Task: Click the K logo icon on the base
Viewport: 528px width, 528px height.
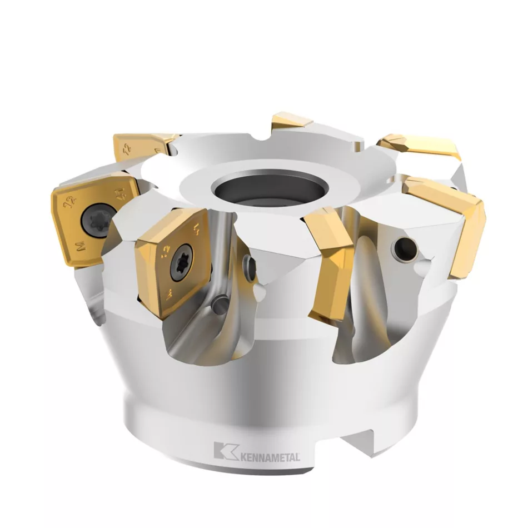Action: click(x=224, y=450)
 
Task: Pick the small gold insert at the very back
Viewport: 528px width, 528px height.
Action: click(x=290, y=122)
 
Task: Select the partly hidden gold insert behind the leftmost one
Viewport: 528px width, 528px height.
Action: click(x=142, y=146)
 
